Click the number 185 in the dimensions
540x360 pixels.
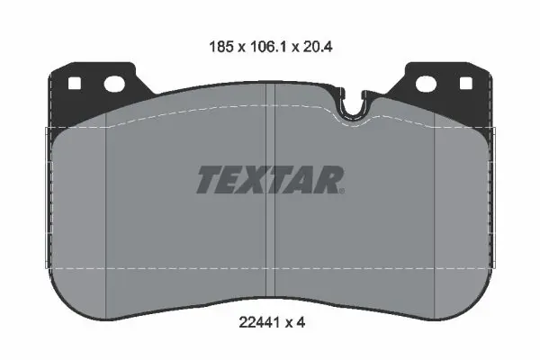pos(221,47)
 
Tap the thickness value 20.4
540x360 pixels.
pos(317,47)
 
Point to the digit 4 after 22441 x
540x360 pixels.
pos(301,323)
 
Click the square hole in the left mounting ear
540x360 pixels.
pos(75,84)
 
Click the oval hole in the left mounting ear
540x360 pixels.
pos(114,85)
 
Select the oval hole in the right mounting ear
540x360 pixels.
pos(426,85)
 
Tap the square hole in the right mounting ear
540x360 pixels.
pos(466,84)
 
